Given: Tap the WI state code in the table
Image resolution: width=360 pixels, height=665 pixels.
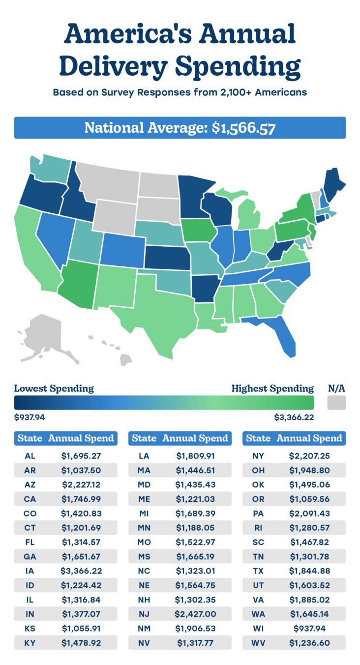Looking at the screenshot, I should (x=258, y=628).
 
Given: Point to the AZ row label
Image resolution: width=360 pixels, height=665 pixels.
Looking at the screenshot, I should (x=30, y=485).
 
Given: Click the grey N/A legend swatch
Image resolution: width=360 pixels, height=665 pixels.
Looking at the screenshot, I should (x=336, y=403).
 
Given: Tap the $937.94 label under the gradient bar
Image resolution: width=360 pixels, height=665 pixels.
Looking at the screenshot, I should (x=30, y=418).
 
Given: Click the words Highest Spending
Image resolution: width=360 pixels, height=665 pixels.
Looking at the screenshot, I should (x=272, y=388).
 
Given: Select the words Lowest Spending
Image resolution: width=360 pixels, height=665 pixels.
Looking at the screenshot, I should (x=54, y=388).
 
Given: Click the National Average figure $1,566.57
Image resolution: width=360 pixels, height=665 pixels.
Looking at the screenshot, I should (x=243, y=128).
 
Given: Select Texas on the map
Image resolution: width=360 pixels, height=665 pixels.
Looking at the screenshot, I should (x=152, y=307).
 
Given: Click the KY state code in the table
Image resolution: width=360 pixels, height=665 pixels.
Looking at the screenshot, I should (x=30, y=642).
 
